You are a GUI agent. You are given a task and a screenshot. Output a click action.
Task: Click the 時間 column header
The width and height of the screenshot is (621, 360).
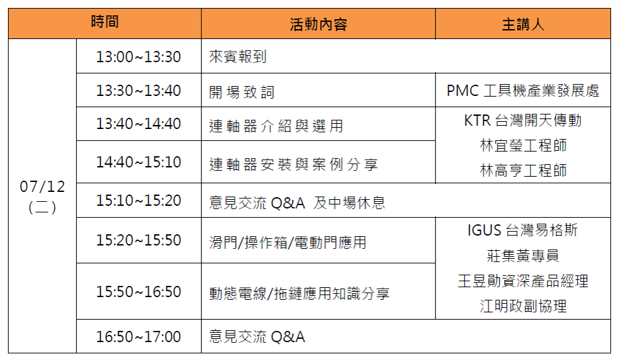(x=105, y=21)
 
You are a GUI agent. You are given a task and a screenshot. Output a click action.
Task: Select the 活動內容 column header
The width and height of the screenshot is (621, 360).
(x=318, y=24)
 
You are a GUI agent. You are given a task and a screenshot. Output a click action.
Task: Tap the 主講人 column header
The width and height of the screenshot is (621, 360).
(x=523, y=24)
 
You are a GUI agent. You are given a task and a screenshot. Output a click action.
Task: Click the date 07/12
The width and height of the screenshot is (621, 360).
(x=42, y=187)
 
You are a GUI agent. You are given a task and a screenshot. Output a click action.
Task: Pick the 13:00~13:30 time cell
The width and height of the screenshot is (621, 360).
(x=138, y=57)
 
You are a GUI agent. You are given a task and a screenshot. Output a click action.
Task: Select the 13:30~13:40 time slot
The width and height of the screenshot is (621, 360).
(x=138, y=91)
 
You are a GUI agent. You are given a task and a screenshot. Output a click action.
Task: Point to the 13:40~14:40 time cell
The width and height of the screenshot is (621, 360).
(x=138, y=124)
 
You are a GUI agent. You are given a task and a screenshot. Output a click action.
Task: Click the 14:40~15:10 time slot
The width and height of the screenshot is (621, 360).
(x=138, y=162)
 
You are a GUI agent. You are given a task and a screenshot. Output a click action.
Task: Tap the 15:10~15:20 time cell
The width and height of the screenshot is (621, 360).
(x=138, y=201)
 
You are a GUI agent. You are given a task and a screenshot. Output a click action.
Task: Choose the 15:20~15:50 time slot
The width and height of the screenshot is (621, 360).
(x=138, y=240)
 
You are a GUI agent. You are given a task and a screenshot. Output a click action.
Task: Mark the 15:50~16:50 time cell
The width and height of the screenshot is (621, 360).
(x=138, y=291)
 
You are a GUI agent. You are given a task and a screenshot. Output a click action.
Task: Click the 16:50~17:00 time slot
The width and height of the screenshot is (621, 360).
(x=138, y=337)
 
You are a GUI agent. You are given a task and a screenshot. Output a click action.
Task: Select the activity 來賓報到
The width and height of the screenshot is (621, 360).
(x=238, y=57)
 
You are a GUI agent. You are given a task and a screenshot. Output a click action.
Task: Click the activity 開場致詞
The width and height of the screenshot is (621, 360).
(x=242, y=92)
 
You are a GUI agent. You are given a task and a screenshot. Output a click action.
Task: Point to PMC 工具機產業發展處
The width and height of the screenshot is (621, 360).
(x=523, y=91)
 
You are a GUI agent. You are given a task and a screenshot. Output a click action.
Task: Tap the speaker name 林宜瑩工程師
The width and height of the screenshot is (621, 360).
(x=523, y=146)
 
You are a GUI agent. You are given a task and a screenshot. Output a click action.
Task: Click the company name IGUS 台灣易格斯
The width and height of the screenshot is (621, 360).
(x=523, y=230)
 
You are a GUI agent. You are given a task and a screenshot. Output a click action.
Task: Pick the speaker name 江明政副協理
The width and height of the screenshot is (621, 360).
(x=523, y=306)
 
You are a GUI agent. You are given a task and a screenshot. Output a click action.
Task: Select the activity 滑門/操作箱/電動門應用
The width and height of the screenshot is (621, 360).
(x=288, y=242)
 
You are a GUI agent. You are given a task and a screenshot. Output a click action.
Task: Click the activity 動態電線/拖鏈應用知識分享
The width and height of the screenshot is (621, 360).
(x=299, y=293)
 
